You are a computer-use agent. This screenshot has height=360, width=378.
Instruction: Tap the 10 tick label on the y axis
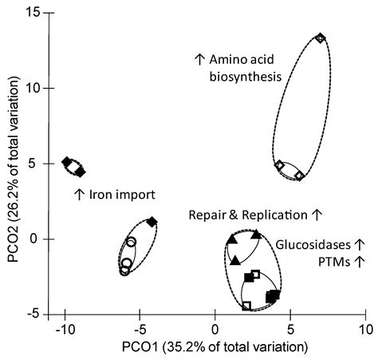coord(33,88)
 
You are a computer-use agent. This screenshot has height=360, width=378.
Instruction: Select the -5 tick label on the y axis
coord(35,314)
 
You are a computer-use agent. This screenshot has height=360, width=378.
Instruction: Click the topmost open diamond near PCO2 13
coord(321,38)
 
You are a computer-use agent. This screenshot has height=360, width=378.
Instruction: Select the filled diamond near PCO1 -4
coord(152,221)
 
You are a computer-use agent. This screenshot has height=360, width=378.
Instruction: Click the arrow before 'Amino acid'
coord(199,60)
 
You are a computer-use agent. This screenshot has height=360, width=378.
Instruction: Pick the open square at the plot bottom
coord(246,305)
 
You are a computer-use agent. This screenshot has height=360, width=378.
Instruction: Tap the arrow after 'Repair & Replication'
coord(317,215)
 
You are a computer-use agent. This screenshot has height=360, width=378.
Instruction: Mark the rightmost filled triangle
coord(256,235)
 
